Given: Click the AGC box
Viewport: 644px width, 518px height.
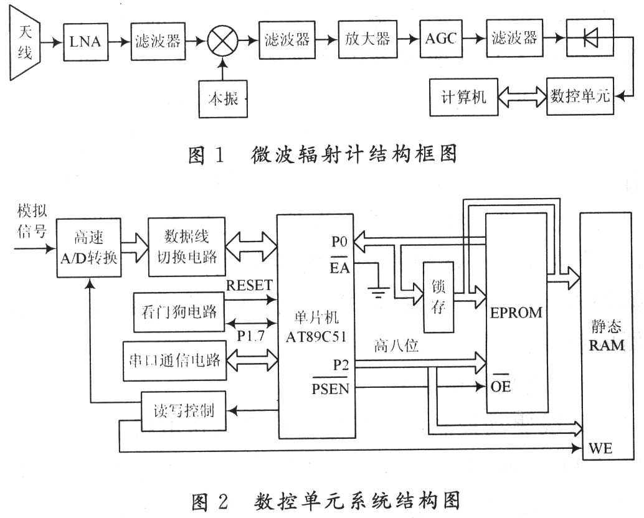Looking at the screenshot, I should tap(441, 39).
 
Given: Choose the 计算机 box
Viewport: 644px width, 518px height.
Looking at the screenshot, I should tap(463, 98).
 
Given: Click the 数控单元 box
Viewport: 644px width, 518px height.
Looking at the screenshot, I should tap(579, 97).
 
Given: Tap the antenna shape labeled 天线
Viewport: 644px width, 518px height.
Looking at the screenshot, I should tap(26, 41).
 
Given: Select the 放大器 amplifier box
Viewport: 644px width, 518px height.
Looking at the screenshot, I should tap(367, 39).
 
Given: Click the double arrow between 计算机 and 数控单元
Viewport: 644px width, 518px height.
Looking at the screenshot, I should tap(522, 98).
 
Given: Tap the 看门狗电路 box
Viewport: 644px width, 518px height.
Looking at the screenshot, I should tap(178, 311).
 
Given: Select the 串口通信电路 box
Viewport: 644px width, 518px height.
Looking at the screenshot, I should tap(174, 360).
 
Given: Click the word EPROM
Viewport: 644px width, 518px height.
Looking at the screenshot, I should tap(516, 312).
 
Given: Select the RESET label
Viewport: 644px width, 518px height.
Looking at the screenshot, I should tap(249, 286).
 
